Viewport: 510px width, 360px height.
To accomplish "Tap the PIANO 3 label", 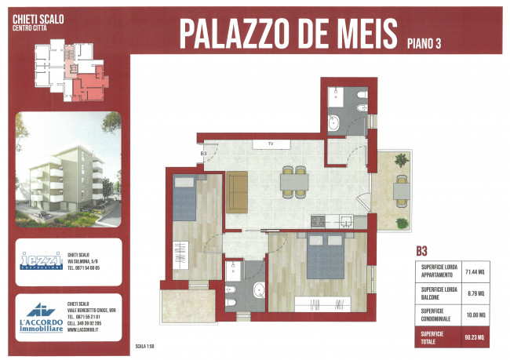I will click(424, 43).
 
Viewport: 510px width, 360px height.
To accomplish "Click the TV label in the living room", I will click(270, 144).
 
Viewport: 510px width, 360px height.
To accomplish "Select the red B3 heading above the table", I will click(421, 252).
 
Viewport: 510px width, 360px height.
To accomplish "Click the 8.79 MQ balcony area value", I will click(479, 295).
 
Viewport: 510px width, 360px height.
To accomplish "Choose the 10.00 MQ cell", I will click(479, 316).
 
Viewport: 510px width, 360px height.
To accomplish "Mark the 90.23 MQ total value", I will click(479, 338).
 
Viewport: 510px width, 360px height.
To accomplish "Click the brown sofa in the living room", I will click(238, 193).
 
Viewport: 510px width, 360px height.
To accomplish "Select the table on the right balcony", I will click(401, 189).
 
